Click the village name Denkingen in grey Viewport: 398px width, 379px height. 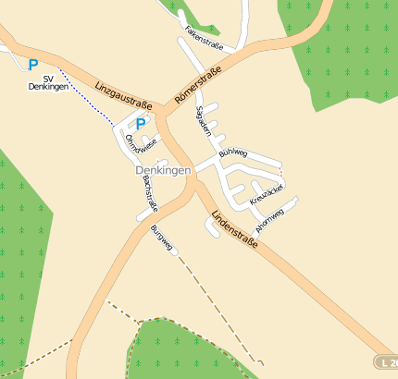click(x=162, y=170)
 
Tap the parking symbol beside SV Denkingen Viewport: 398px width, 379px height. click(x=33, y=65)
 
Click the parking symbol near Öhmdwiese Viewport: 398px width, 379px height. click(x=141, y=123)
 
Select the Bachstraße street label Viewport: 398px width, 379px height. click(x=149, y=194)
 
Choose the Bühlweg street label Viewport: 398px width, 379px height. click(x=233, y=153)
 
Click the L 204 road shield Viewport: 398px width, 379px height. click(x=386, y=362)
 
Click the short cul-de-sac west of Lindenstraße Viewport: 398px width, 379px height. click(x=210, y=231)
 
